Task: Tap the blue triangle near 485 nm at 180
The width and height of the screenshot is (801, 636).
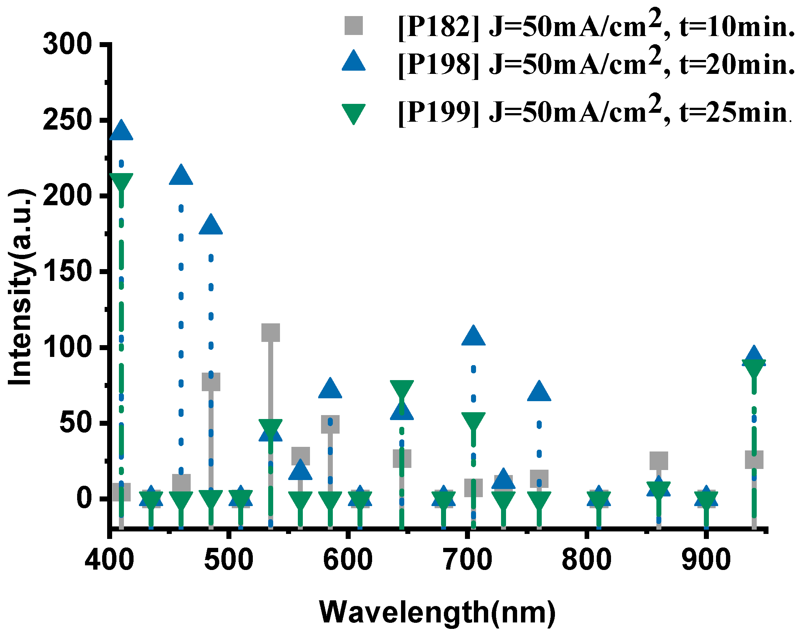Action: coord(211,225)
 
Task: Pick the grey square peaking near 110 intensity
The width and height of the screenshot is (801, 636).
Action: coord(270,332)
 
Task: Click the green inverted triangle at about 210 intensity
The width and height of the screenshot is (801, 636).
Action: coord(121,181)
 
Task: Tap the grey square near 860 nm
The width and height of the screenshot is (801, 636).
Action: coord(659,461)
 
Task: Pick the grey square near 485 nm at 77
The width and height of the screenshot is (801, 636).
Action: coord(211,382)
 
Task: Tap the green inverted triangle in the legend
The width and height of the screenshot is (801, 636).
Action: coord(354,113)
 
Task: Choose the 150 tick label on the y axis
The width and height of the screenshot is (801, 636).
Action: coord(67,271)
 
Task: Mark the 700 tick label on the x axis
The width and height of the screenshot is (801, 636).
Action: coord(468,560)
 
